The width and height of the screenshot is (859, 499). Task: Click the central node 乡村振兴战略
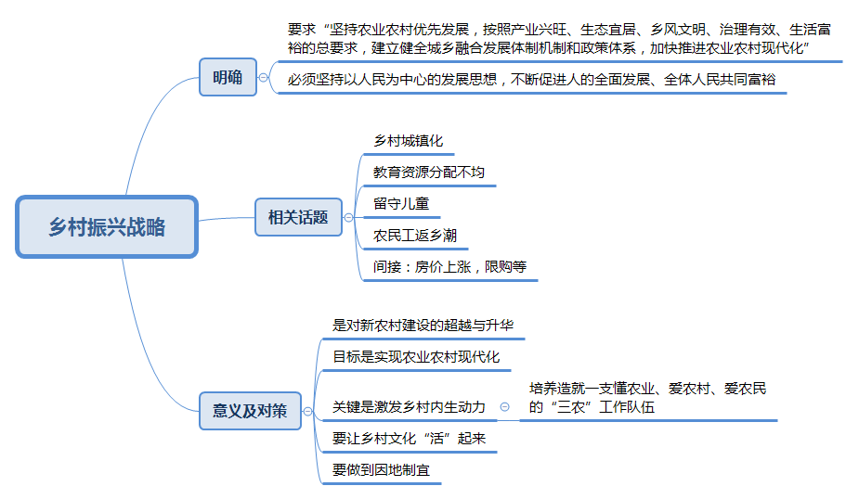pos(107,226)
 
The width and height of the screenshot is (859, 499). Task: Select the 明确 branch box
pos(228,77)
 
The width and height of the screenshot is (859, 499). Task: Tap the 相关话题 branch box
pos(299,217)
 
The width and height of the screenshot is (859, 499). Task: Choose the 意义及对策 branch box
pos(251,411)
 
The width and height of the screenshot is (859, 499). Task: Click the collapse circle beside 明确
pos(264,78)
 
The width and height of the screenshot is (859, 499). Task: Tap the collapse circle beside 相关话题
pos(348,218)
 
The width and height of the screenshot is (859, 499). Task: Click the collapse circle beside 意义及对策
pos(308,412)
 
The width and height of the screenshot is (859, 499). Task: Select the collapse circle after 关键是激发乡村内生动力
pos(504,406)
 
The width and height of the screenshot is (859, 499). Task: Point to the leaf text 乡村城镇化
pos(408,141)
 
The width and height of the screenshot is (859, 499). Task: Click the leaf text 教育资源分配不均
pos(429,173)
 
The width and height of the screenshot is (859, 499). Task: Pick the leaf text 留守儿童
pos(401,204)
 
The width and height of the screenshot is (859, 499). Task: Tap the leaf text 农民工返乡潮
pos(415,236)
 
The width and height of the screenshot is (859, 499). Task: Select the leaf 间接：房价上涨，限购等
pos(449,267)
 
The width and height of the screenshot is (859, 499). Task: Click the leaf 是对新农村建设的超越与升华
pos(423,326)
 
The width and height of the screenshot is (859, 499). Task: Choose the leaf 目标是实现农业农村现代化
pos(416,357)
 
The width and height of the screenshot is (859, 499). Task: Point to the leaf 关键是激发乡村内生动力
pos(409,407)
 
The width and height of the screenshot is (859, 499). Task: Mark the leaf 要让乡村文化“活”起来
pos(409,439)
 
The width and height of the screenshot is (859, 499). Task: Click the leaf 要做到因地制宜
pos(381,470)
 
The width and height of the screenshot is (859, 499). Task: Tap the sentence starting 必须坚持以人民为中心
pos(531,80)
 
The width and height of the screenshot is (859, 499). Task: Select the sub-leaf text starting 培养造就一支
pos(647,398)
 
